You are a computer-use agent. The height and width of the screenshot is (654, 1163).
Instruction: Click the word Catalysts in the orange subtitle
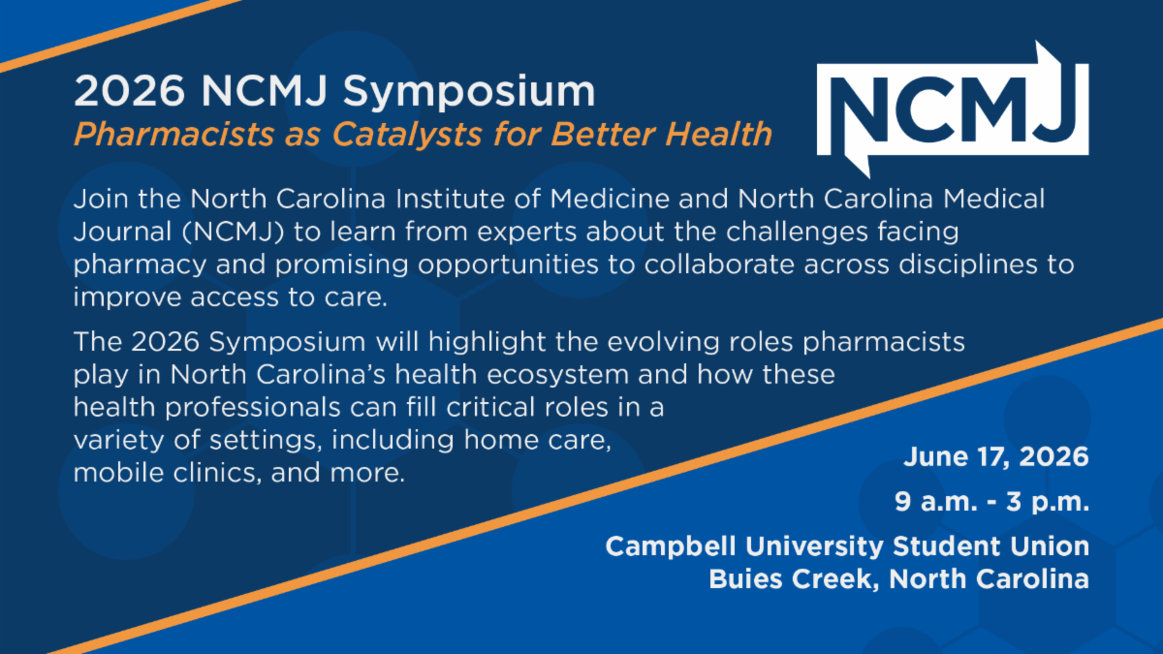coord(408,135)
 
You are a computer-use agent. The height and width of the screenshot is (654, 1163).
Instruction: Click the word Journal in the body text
coord(122,232)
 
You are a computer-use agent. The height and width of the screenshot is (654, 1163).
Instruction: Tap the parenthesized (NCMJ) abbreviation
coord(234,232)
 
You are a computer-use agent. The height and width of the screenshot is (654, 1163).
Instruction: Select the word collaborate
coord(719,265)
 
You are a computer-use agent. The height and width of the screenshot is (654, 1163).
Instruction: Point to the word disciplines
coord(968,265)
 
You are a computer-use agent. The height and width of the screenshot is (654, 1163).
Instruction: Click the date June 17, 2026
coord(996,457)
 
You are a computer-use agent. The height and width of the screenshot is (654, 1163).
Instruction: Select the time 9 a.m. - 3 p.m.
coord(991,502)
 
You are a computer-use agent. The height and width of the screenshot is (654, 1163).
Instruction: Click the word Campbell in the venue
coord(671,547)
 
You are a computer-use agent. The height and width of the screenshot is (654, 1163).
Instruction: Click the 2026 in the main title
coord(129,91)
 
